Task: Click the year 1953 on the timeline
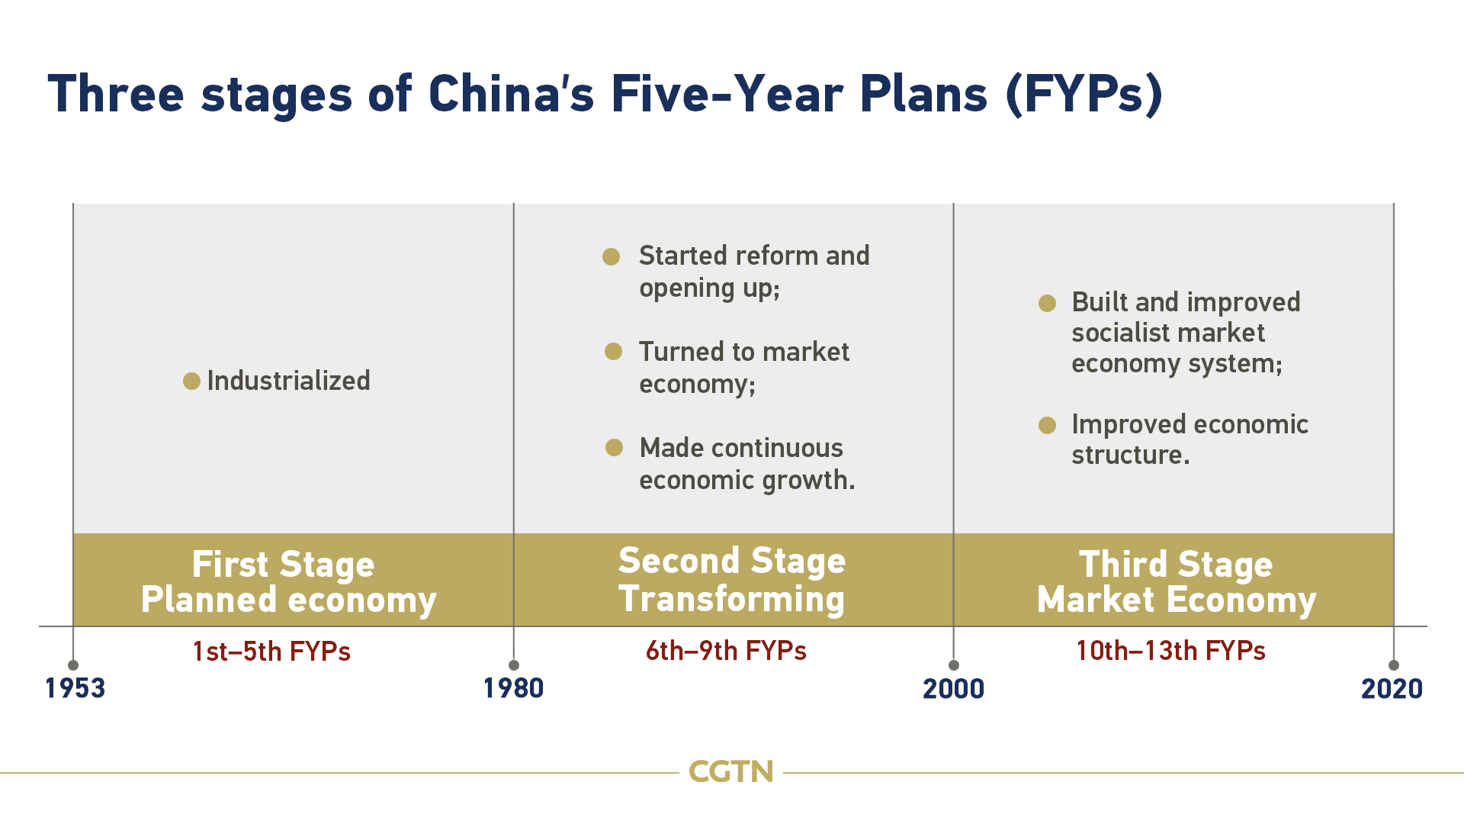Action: coord(75,688)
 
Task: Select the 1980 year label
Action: coord(514,688)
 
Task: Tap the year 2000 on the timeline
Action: coord(953,689)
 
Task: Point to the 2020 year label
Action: coord(1392,689)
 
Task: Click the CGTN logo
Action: coord(731,772)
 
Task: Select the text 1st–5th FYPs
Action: coord(271,652)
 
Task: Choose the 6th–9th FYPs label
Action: coord(726,651)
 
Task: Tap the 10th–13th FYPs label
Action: coord(1170,651)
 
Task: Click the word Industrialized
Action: coord(288,381)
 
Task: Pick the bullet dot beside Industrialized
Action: coord(191,381)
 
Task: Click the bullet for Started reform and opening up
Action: coord(611,256)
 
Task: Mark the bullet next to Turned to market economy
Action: coord(613,351)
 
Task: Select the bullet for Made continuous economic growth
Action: coord(614,447)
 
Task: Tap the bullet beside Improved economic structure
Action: coord(1047,425)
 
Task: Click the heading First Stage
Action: coord(283,565)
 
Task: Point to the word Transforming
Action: coord(731,599)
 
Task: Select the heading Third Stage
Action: coord(1176,565)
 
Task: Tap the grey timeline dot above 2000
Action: coord(953,665)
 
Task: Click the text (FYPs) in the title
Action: coord(1084,95)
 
